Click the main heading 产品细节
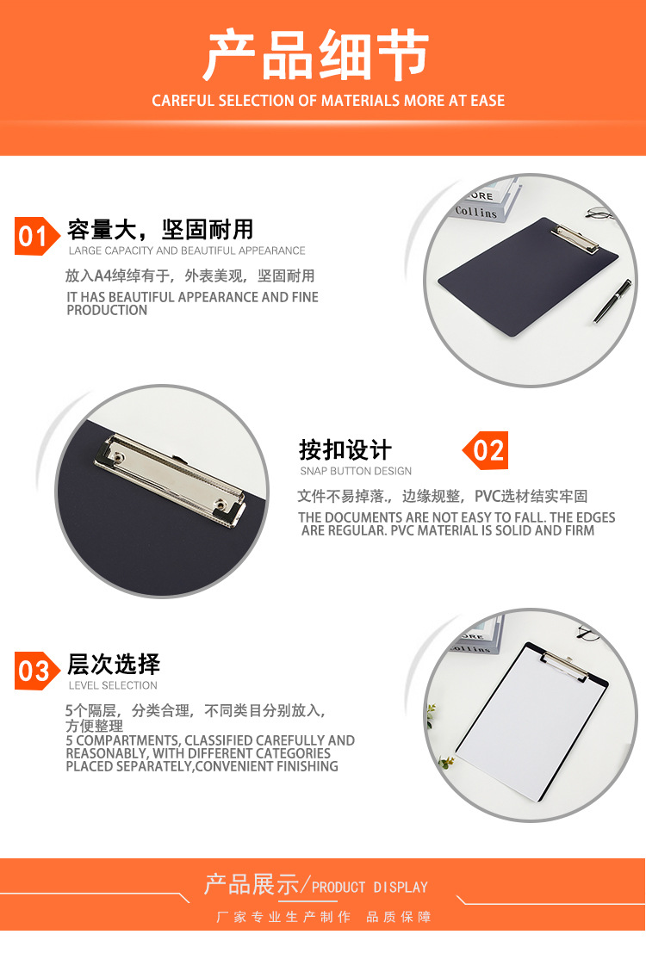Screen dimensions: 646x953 click(316, 55)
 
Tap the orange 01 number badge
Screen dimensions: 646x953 click(36, 236)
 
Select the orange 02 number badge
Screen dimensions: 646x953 click(486, 450)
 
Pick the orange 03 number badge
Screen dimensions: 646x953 click(36, 671)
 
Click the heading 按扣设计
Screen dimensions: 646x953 click(345, 450)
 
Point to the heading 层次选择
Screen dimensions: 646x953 click(114, 665)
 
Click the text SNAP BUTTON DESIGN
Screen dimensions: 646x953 click(356, 471)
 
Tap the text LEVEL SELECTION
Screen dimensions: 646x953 click(113, 685)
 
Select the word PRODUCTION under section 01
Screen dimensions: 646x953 click(107, 310)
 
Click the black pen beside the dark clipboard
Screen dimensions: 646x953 click(612, 300)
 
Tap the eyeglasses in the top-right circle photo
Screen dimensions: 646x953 click(600, 213)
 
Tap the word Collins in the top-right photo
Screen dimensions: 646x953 click(475, 212)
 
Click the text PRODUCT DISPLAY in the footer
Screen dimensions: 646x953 click(370, 888)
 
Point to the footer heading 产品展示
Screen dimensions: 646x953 click(252, 884)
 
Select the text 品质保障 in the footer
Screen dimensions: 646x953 click(399, 917)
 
